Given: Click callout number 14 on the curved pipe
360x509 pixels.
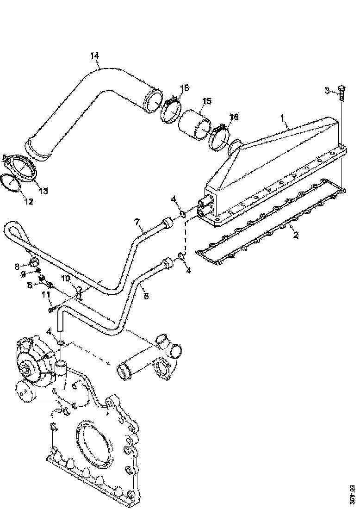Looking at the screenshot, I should click(x=95, y=56).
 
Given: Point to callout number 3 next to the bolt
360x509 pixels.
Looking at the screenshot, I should click(x=327, y=91).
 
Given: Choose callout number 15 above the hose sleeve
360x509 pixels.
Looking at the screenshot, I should click(x=207, y=101).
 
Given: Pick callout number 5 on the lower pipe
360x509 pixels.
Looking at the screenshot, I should click(x=146, y=296).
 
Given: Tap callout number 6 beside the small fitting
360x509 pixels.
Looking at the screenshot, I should click(x=30, y=285).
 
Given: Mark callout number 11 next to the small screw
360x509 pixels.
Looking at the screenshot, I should click(x=46, y=294).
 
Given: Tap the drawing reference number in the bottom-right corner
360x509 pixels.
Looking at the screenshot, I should click(x=353, y=493).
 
